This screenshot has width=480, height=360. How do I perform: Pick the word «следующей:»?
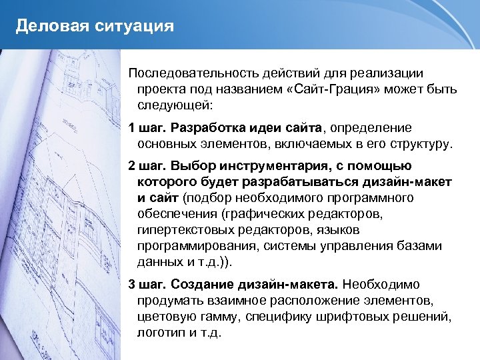(175, 105)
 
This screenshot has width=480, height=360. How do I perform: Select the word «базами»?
(419, 246)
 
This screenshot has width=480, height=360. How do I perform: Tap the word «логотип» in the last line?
(161, 333)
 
